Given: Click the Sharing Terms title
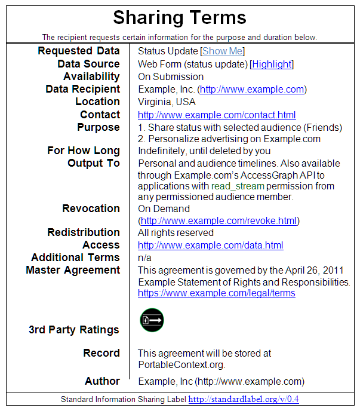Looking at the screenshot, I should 180,17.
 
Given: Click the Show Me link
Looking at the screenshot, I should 223,51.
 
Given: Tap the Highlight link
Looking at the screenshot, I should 272,64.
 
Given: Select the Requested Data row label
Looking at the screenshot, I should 79,51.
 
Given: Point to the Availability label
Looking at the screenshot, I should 91,76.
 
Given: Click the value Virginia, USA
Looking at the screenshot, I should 167,102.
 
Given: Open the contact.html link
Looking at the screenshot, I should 217,115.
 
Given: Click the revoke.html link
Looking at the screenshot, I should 219,220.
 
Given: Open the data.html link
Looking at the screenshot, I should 210,245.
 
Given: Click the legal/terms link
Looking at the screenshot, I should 216,293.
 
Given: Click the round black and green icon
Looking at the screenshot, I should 152,320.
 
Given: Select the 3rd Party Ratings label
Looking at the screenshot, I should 74,330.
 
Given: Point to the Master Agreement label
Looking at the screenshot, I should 73,270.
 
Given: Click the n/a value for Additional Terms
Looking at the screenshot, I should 144,257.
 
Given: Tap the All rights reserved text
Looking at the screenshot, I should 176,232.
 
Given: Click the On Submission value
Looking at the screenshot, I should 171,76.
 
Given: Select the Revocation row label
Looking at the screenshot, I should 91,208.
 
